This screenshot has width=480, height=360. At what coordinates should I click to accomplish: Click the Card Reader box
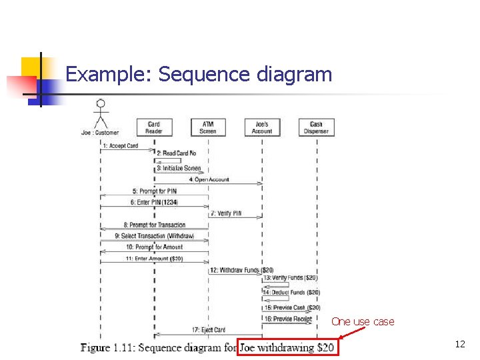pos(153,127)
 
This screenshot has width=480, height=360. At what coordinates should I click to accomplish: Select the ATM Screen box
pos(208,127)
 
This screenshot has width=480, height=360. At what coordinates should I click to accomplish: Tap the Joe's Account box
pos(262,127)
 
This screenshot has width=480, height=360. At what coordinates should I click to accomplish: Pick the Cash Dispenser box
pos(317,127)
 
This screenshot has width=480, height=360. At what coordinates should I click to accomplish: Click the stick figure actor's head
pos(101,104)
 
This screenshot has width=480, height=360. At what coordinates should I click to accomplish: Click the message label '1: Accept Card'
pos(120,146)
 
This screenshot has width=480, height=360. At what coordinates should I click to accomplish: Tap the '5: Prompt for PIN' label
pos(154,191)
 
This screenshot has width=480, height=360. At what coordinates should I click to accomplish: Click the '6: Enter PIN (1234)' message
pos(154,202)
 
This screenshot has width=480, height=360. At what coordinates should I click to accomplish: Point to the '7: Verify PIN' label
pos(226,213)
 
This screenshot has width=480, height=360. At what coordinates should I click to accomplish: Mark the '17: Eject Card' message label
pos(209,330)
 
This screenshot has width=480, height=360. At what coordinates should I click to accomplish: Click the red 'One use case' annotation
pos(363,322)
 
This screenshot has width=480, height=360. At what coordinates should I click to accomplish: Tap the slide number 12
pos(460,345)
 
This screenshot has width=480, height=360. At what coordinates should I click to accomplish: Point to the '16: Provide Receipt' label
pos(288,319)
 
